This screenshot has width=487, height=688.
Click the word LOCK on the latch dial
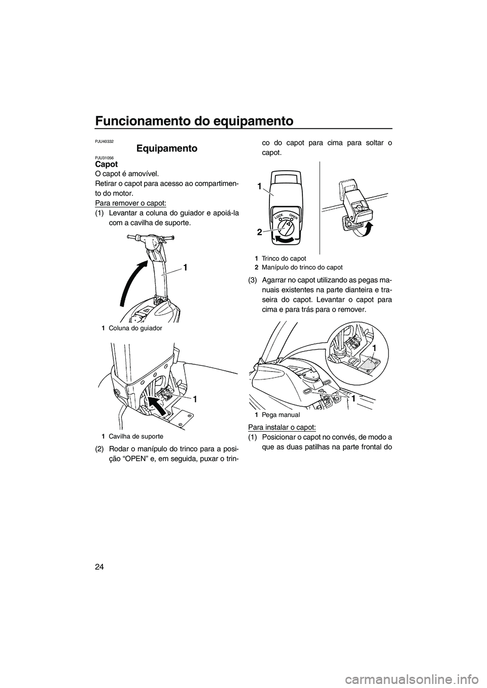[280, 216]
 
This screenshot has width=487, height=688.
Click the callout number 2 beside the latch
[259, 232]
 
